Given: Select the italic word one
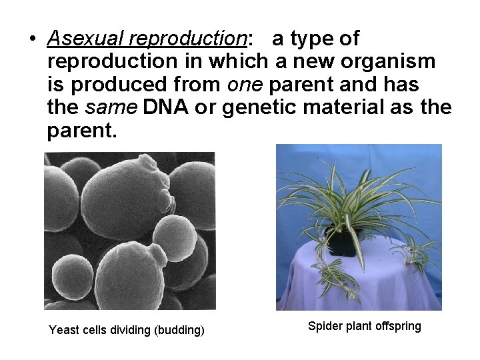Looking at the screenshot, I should click(243, 85).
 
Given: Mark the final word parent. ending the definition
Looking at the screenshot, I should click(81, 130).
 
